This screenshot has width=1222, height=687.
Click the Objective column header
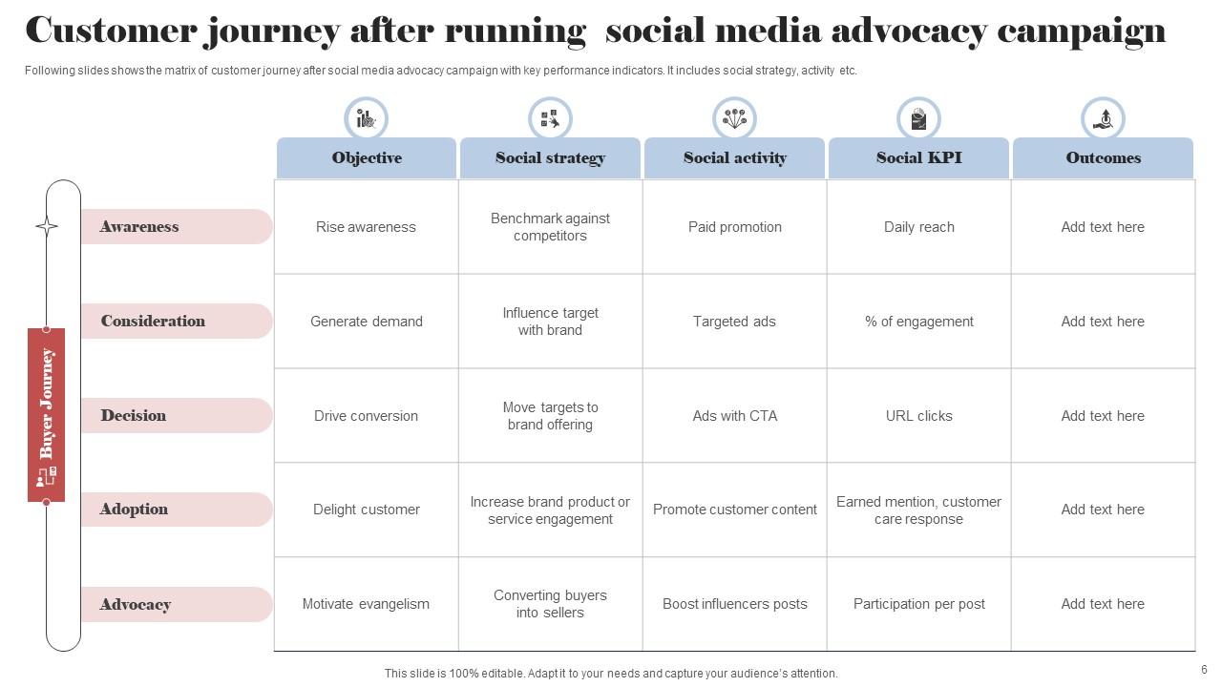tap(367, 158)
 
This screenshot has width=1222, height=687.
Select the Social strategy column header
tap(550, 158)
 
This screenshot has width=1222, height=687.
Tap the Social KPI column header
tap(918, 158)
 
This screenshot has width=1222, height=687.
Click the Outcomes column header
tap(1103, 158)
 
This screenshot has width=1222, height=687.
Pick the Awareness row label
tap(139, 227)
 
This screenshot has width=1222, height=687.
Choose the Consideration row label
tap(153, 322)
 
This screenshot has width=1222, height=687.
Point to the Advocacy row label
tap(136, 605)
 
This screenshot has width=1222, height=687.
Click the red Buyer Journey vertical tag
tap(47, 414)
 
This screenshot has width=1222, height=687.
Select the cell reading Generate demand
tap(367, 322)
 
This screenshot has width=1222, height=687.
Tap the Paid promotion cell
tap(735, 227)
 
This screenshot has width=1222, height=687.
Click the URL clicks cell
tap(918, 416)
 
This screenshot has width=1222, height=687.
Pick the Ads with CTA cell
tap(735, 416)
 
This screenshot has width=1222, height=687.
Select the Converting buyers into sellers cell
tap(550, 604)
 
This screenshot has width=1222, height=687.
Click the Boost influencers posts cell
tap(735, 604)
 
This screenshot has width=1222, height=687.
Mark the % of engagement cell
tap(918, 322)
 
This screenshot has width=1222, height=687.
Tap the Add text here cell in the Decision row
tap(1103, 416)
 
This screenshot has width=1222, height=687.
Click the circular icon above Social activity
tap(734, 119)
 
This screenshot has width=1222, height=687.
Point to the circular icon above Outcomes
tap(1103, 119)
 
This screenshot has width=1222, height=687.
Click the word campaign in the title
tap(1081, 31)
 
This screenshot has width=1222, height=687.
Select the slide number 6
tap(1204, 670)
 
